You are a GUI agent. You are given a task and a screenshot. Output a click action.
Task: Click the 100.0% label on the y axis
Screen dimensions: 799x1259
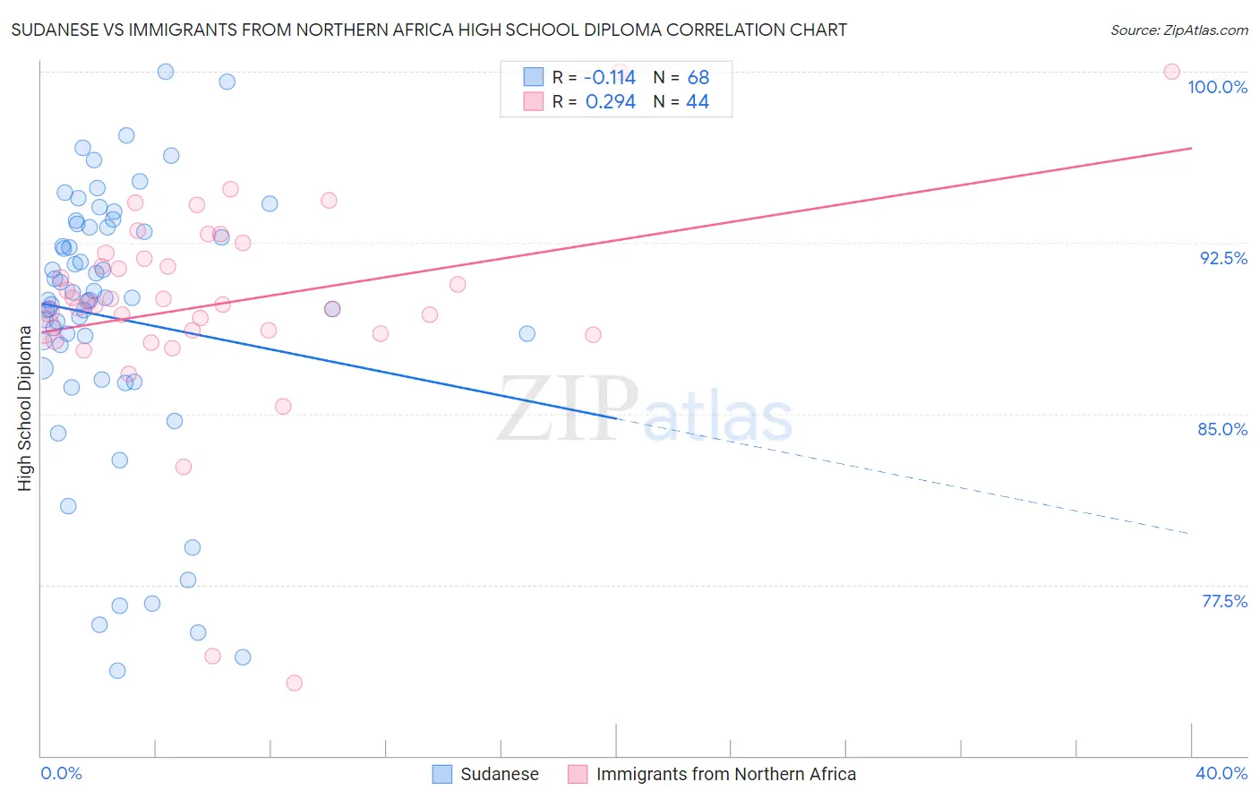(x=1217, y=87)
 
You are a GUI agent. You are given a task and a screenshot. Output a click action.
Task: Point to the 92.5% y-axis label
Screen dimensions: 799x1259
(x=1223, y=258)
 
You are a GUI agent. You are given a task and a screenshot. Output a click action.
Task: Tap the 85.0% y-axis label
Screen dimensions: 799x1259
(x=1222, y=429)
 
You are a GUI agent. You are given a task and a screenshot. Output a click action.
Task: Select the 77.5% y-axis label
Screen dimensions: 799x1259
(x=1224, y=601)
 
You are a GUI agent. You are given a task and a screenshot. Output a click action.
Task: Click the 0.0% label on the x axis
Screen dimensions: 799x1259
(x=61, y=773)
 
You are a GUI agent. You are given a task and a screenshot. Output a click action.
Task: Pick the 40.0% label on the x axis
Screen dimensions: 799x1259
(x=1220, y=773)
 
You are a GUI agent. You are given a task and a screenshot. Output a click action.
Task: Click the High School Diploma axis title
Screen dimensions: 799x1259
(x=25, y=408)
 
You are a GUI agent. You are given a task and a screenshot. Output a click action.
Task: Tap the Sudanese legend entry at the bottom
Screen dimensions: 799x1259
(x=499, y=774)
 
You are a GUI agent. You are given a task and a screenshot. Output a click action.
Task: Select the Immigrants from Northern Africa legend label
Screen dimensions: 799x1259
(x=725, y=774)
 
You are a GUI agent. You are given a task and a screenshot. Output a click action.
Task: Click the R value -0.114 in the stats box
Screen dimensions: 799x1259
(x=609, y=78)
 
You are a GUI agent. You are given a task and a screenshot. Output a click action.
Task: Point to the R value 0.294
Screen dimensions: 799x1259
(x=610, y=102)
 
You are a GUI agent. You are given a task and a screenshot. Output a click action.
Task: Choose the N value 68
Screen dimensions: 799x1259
(x=698, y=78)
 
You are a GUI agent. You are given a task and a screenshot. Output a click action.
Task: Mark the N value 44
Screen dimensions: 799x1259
(x=698, y=102)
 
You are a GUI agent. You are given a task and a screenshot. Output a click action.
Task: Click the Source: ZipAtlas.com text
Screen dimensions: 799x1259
(x=1178, y=30)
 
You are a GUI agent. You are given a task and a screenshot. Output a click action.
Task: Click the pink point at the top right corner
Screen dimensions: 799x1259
(x=1171, y=72)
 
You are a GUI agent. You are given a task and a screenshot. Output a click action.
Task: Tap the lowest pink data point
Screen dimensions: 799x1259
(x=294, y=683)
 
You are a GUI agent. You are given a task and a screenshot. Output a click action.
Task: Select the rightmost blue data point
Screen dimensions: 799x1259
(x=527, y=333)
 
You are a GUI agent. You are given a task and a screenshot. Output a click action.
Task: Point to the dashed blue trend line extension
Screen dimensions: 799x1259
(x=895, y=476)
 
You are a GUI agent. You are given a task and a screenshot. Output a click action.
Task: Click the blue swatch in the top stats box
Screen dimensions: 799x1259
(x=534, y=78)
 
